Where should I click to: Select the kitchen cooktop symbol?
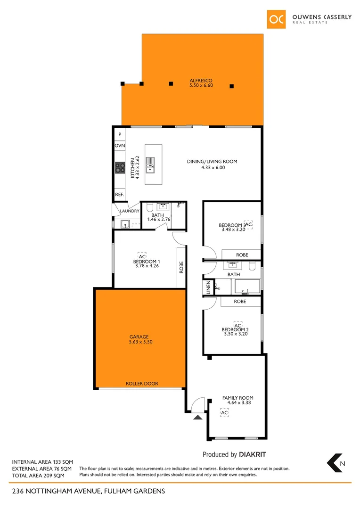tap(120, 168)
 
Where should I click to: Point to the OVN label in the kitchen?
tap(120, 146)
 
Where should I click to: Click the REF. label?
tap(119, 194)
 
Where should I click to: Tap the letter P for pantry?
tap(120, 134)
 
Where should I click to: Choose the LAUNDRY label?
tap(130, 211)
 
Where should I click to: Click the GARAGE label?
tap(139, 337)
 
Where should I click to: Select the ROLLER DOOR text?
tap(142, 384)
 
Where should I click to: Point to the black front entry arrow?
tap(198, 417)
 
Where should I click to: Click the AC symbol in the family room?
tap(225, 413)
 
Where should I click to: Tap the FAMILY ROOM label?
tap(238, 398)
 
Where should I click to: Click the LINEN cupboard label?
tap(208, 288)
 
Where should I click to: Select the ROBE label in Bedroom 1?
tap(181, 268)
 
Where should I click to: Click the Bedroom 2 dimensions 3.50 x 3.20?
tap(236, 334)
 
